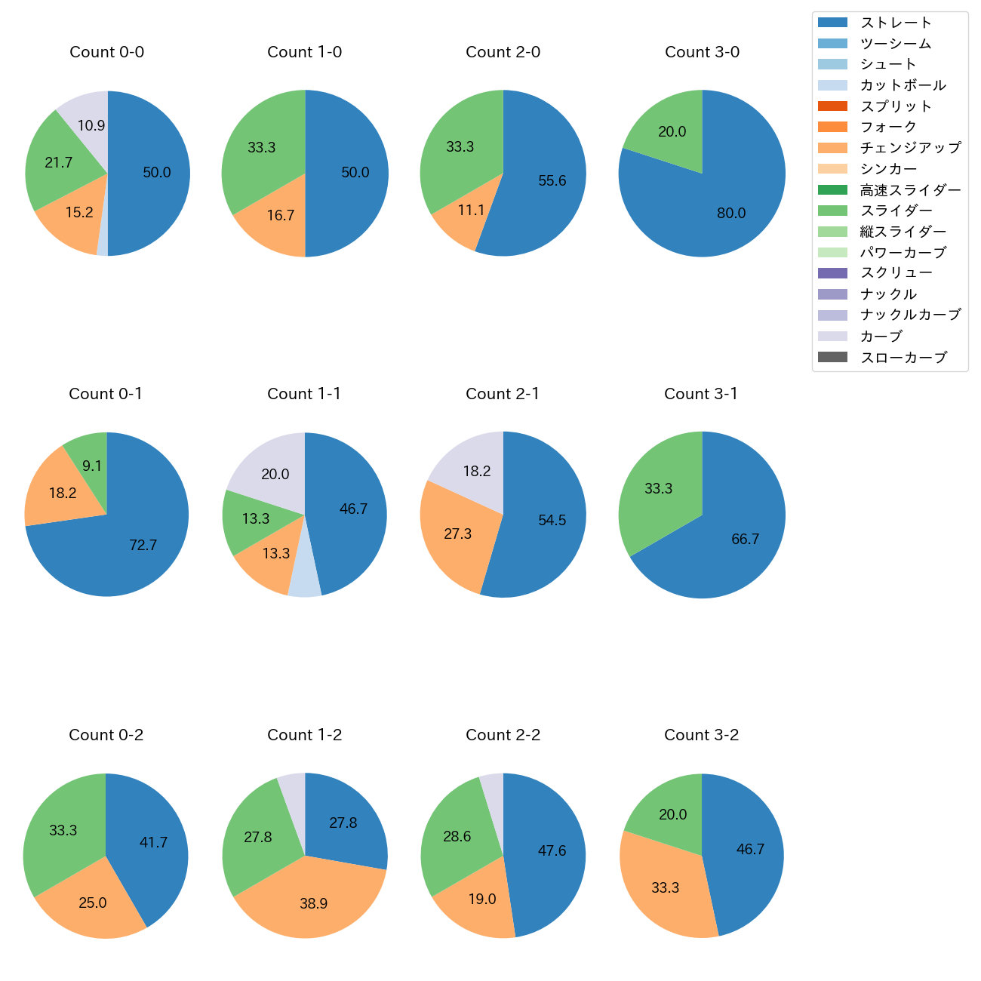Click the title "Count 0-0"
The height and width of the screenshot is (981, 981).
point(107,52)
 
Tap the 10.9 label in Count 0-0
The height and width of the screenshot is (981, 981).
point(91,126)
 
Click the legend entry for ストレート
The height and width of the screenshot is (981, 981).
point(896,23)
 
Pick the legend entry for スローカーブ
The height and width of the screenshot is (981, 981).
point(903,358)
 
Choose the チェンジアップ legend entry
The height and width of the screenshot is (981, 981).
point(910,148)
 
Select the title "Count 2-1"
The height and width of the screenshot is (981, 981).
point(503,394)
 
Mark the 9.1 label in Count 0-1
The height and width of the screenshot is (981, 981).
point(92,466)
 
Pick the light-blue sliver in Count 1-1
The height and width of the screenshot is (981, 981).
point(305,581)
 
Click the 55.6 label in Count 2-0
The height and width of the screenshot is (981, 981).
point(552,181)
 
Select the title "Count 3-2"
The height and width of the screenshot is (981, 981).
point(702,735)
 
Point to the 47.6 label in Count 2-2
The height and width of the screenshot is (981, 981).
point(552,851)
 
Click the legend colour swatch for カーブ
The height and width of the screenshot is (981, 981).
point(832,337)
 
